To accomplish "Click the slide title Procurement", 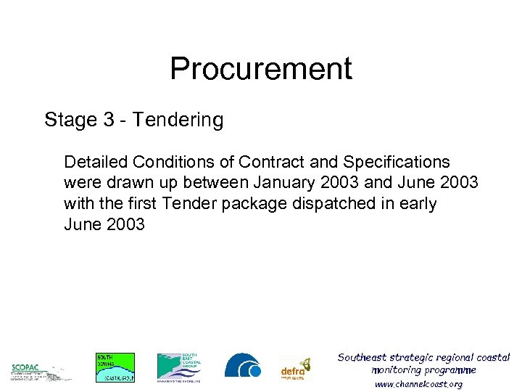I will (261, 68).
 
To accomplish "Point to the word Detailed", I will (94, 162).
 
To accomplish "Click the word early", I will (417, 203).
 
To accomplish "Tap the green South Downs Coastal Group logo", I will (115, 367).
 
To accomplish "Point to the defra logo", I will (295, 369).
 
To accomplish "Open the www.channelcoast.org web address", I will (418, 384).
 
